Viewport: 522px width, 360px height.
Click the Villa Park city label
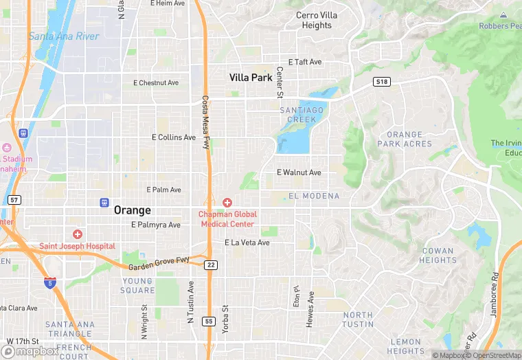point(251,78)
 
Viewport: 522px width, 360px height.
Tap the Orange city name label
point(132,210)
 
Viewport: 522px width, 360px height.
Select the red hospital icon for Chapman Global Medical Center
point(227,202)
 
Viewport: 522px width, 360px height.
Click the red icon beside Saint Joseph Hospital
point(78,234)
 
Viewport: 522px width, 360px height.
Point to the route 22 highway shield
point(210,265)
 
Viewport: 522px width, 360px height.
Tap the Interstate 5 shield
point(49,282)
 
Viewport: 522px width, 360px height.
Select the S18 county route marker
point(381,82)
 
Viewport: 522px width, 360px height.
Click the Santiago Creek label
point(302,115)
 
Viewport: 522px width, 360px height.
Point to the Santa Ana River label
point(63,36)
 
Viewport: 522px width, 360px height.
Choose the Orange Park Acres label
point(405,139)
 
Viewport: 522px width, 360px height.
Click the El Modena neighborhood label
point(314,196)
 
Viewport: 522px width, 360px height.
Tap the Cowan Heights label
point(438,256)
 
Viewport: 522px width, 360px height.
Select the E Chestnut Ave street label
point(155,83)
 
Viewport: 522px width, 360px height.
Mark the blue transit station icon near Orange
point(104,202)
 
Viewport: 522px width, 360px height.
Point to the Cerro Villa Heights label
point(317,20)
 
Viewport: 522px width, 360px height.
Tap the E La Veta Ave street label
point(247,243)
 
